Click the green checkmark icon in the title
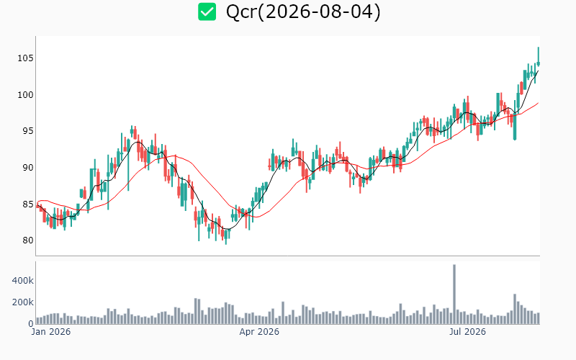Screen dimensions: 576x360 pyautogui.click(x=207, y=12)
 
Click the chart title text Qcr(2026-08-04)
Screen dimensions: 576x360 pyautogui.click(x=303, y=12)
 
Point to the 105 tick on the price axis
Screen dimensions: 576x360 pyautogui.click(x=25, y=58)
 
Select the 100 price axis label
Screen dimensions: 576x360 pyautogui.click(x=25, y=95)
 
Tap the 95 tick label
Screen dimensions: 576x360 pyautogui.click(x=28, y=131)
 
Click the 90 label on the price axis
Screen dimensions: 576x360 pyautogui.click(x=28, y=168)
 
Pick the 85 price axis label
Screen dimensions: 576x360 pyautogui.click(x=28, y=204)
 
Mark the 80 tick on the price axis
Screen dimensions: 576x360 pyautogui.click(x=28, y=240)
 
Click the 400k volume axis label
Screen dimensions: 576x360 pyautogui.click(x=23, y=281)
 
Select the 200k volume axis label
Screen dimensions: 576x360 pyautogui.click(x=23, y=302)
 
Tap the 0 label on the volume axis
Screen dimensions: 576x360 pyautogui.click(x=31, y=323)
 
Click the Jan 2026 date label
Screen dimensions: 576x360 pyautogui.click(x=50, y=332)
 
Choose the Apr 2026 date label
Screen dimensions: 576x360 pyautogui.click(x=259, y=332)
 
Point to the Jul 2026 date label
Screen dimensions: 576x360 pyautogui.click(x=467, y=332)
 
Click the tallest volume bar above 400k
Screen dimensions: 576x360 pyautogui.click(x=454, y=294)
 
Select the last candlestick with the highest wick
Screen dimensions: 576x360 pyautogui.click(x=539, y=57)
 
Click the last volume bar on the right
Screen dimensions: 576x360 pyautogui.click(x=539, y=318)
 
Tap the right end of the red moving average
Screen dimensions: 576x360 pyautogui.click(x=539, y=103)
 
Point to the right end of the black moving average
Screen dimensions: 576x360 pyautogui.click(x=539, y=71)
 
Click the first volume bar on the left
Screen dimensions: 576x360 pyautogui.click(x=37, y=320)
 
